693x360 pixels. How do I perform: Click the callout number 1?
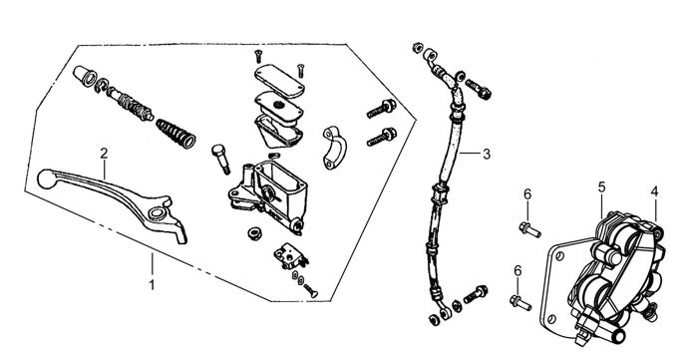(152, 285)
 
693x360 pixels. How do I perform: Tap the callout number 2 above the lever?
(104, 154)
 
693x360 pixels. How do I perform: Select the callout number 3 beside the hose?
(487, 155)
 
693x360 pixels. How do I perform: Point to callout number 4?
(654, 191)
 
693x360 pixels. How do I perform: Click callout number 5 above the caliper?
(601, 187)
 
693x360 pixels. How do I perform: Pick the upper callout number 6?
(527, 194)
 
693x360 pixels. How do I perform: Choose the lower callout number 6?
(518, 270)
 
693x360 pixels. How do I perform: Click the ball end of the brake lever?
(46, 179)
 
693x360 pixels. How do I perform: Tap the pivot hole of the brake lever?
(156, 213)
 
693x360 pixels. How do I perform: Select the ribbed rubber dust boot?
(175, 133)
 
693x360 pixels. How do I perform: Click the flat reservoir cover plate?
(279, 80)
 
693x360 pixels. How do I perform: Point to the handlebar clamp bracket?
(335, 148)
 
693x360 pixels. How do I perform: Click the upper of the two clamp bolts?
(382, 109)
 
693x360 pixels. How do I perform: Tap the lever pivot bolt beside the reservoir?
(220, 159)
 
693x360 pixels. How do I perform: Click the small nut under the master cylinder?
(254, 233)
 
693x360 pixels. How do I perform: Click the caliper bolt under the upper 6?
(529, 230)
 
